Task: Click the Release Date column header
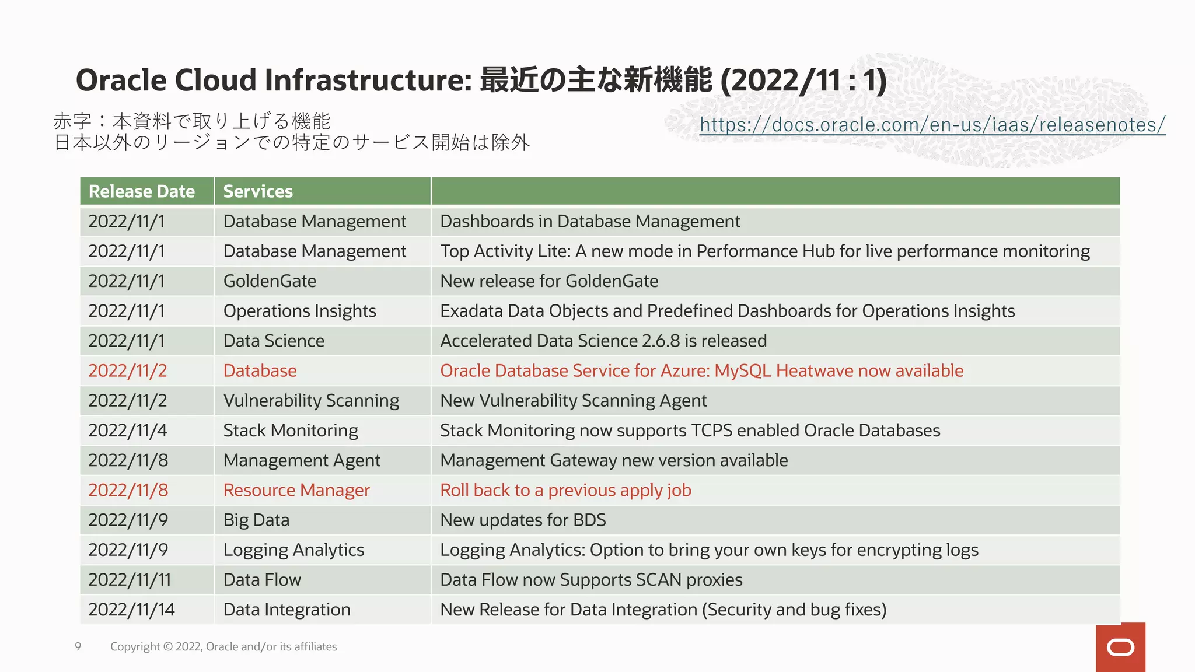coord(142,191)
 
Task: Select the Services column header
coord(258,191)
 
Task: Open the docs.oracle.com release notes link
coord(932,124)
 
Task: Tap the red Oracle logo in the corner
coord(1120,647)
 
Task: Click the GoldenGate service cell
coord(270,281)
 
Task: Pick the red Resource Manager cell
coord(296,490)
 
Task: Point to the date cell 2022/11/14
coord(131,610)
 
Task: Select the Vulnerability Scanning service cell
coord(311,401)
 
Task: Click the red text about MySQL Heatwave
coord(701,371)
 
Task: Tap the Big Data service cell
coord(256,520)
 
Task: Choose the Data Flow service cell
coord(262,580)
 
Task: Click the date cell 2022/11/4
coord(127,430)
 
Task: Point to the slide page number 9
coord(78,646)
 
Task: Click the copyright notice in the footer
coord(223,646)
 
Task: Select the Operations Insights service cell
coord(299,311)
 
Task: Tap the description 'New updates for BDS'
coord(523,520)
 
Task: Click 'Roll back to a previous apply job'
coord(565,490)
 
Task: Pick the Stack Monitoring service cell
coord(291,430)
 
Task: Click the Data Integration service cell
coord(286,610)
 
